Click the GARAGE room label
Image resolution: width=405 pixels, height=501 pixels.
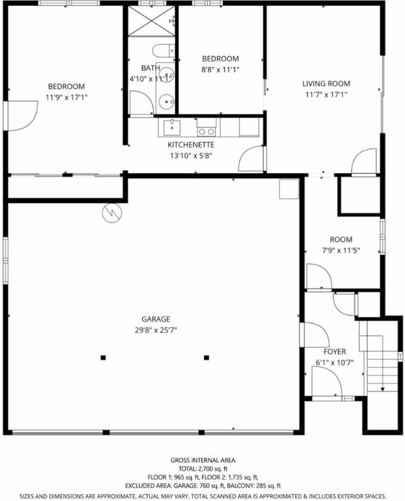click(x=156, y=319)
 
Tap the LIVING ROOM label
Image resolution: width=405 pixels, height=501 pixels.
click(x=326, y=84)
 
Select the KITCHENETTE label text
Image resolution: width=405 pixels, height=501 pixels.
click(x=191, y=145)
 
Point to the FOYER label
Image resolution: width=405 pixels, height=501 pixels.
click(x=335, y=352)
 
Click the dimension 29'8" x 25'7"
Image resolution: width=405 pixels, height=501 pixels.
click(x=156, y=330)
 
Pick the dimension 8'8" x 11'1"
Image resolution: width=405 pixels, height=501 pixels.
click(x=221, y=69)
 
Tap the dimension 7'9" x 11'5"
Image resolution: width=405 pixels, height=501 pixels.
click(x=341, y=250)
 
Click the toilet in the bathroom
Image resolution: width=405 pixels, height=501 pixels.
click(x=163, y=51)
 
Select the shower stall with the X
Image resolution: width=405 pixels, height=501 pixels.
click(x=151, y=21)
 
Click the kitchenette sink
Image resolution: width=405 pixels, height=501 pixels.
click(x=172, y=127)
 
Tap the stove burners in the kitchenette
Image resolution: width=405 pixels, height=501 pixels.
click(x=207, y=131)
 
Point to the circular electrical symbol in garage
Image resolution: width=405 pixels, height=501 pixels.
click(x=112, y=213)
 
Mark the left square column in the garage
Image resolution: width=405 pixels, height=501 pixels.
click(x=103, y=357)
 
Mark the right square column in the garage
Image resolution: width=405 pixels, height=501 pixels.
click(x=207, y=357)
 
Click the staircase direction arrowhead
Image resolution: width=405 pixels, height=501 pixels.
click(x=382, y=389)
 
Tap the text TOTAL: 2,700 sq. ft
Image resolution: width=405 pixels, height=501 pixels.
click(x=202, y=469)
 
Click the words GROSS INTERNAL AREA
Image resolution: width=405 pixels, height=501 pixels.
click(x=202, y=461)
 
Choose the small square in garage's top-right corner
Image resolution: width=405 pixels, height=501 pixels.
click(x=289, y=189)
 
